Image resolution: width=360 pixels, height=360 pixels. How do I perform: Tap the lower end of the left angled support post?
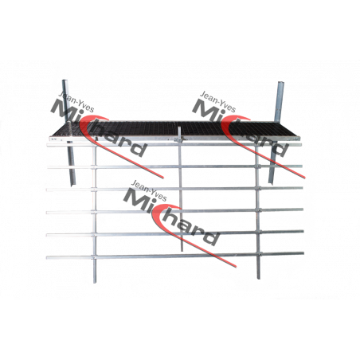[x=72, y=184]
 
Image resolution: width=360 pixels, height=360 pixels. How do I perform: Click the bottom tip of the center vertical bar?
[x=182, y=250]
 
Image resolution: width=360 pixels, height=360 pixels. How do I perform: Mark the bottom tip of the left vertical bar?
[x=95, y=281]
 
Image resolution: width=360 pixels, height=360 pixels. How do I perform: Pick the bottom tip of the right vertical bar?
[x=258, y=278]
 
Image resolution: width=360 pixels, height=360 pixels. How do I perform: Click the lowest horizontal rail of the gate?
[x=175, y=256]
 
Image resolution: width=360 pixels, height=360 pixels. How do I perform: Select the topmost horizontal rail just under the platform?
[x=174, y=145]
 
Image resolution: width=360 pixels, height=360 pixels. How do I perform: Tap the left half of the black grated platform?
[x=114, y=129]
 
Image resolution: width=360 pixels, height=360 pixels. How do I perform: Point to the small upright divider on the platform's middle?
[x=180, y=133]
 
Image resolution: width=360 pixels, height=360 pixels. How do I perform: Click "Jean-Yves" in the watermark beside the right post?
[x=218, y=102]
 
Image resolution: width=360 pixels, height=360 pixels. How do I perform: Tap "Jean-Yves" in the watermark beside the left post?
[x=76, y=101]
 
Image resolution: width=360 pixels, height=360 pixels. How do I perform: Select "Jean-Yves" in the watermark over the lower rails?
[x=149, y=190]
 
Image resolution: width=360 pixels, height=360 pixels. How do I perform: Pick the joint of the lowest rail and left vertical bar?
[x=95, y=257]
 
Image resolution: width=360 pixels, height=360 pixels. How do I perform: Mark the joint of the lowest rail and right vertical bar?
[x=258, y=254]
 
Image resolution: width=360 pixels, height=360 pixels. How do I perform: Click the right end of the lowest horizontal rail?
[x=303, y=253]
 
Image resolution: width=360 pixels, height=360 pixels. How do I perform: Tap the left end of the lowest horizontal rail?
[x=47, y=257]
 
